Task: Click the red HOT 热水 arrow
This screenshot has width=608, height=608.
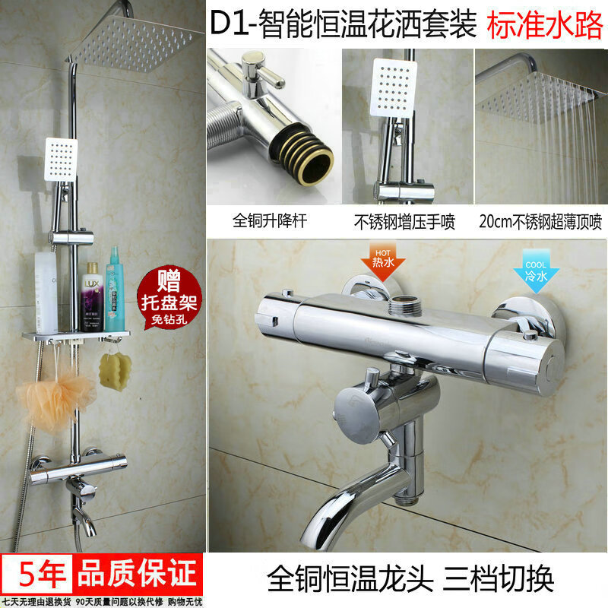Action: [382, 261]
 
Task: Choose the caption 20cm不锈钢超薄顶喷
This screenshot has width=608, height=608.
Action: [540, 223]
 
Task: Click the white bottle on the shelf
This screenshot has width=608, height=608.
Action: [46, 292]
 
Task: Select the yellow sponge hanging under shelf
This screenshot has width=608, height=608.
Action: [116, 371]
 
